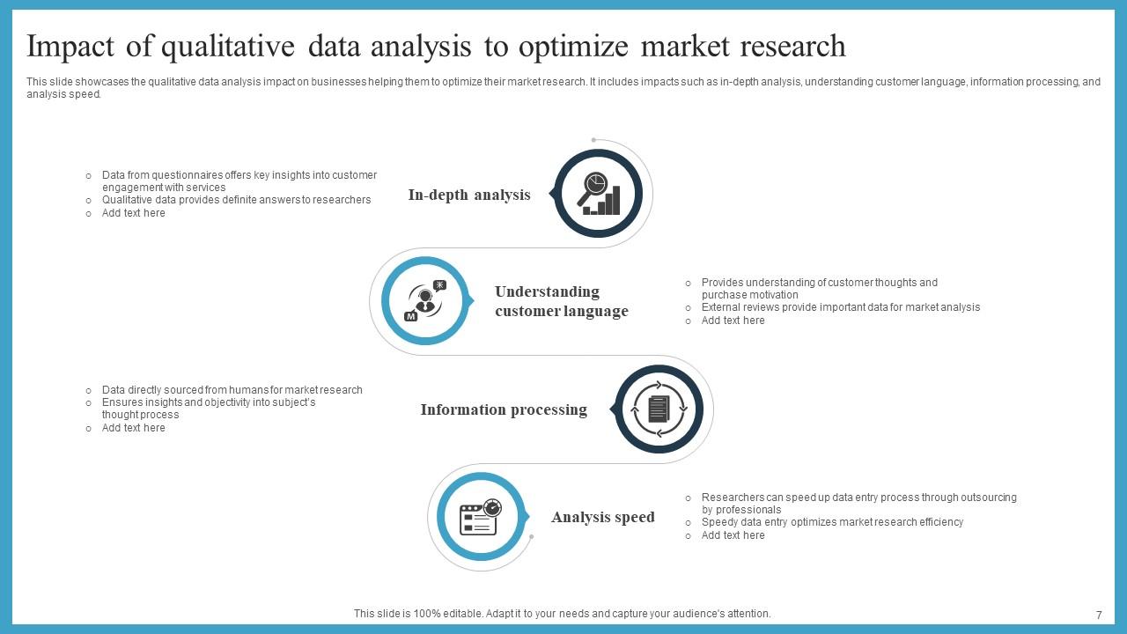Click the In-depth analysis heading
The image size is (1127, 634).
point(469,195)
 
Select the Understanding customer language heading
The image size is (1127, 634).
point(561,301)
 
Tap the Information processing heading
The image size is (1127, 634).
point(504,409)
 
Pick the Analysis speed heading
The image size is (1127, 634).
point(603,517)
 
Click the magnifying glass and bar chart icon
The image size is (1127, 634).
point(599,194)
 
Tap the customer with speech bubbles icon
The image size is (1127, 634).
point(426,301)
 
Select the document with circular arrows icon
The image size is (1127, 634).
point(659,409)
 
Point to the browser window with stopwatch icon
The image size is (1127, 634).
point(481,517)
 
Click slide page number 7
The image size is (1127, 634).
point(1099,615)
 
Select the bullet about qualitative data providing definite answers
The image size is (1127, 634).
point(236,200)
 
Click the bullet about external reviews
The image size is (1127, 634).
point(840,307)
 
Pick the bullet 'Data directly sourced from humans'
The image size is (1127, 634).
point(232,390)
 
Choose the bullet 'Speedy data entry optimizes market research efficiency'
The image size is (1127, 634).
point(832,522)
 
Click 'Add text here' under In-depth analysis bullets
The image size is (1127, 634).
point(134,213)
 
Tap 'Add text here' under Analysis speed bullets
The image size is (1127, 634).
point(733,535)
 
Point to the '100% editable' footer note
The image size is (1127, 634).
point(562,614)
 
